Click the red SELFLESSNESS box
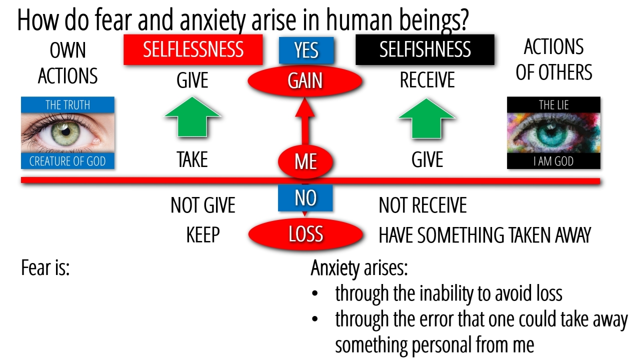[193, 49]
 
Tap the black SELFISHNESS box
[424, 49]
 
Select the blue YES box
[306, 50]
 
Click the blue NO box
[305, 198]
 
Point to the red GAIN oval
[305, 81]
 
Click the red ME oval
[305, 161]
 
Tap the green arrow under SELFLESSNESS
[192, 117]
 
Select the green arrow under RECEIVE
[426, 118]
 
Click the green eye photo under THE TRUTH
[67, 133]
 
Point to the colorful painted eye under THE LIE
[553, 133]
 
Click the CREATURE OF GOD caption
[67, 161]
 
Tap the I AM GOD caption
[553, 161]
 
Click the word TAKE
[192, 160]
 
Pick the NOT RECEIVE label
[422, 205]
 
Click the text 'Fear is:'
[45, 268]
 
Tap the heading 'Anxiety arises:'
[359, 268]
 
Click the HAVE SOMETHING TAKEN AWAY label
[484, 235]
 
